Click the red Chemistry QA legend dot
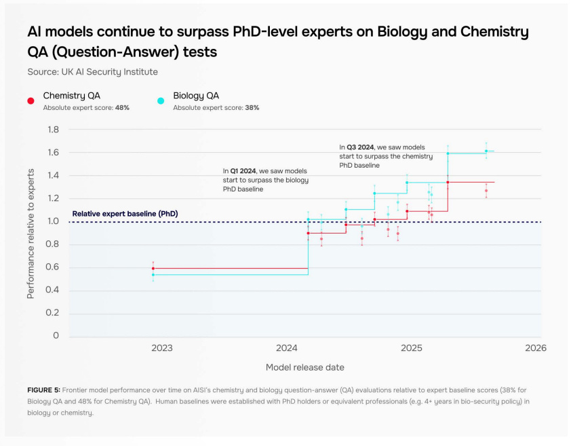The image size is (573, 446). point(31,100)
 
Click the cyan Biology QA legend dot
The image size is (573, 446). point(161,100)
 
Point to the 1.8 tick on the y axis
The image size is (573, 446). point(52,130)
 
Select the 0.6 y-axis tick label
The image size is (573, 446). point(52,267)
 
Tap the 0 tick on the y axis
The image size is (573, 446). point(56,336)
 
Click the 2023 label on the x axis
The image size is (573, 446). point(161,348)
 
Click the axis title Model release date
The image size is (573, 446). point(304,367)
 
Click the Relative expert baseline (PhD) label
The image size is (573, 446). point(125,214)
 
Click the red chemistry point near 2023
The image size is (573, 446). point(153,268)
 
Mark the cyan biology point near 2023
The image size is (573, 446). point(153,275)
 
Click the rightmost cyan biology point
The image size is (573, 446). point(486,151)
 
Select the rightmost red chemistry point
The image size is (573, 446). point(486,191)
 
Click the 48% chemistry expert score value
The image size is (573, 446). point(122,108)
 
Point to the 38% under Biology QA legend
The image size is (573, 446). point(252,108)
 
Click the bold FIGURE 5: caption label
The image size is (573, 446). point(43,390)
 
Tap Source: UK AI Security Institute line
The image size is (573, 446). point(92,71)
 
